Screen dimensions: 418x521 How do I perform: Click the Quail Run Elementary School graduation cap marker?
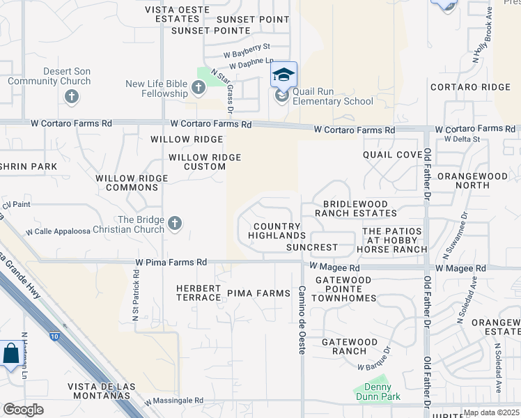pos(283,75)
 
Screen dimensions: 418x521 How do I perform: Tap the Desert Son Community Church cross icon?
pos(71,97)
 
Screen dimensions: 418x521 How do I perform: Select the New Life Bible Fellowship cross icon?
pos(199,87)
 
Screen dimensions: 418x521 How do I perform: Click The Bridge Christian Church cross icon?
pos(175,223)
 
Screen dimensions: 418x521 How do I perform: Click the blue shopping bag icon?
pos(12,353)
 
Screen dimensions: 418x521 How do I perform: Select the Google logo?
pos(23,410)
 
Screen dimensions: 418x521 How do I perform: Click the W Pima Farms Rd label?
pos(171,262)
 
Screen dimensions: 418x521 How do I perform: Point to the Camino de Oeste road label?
pos(302,320)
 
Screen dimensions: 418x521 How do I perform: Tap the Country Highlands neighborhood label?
pos(277,231)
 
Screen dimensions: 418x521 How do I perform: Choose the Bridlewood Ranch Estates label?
pos(355,208)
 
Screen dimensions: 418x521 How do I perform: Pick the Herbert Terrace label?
pos(199,293)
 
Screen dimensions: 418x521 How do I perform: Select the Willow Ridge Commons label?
pos(132,183)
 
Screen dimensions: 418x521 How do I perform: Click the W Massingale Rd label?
pos(174,401)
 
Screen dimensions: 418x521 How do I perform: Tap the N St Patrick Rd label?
pos(136,295)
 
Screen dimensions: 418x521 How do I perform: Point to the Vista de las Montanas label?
pos(99,391)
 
